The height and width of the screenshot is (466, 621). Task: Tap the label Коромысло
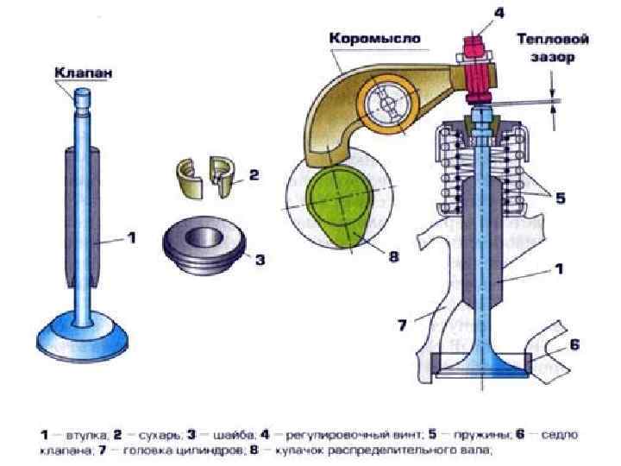[373, 39]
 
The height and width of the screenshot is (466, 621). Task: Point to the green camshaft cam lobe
[341, 205]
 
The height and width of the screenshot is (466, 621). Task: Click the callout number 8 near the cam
[393, 256]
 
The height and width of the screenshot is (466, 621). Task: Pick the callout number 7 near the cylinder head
[401, 324]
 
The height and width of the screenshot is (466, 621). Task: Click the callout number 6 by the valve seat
[574, 344]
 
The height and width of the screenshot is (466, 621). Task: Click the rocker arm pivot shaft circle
[384, 104]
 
